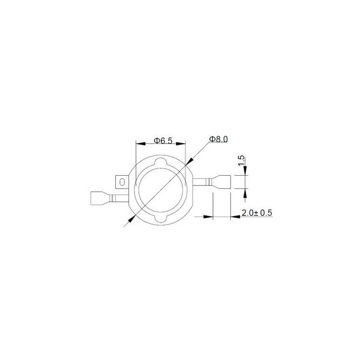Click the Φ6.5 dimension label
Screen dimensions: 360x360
point(163,140)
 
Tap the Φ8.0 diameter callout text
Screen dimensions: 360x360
point(218,139)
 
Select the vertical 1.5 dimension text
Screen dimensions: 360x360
point(242,160)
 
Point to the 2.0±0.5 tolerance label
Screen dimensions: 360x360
point(257,213)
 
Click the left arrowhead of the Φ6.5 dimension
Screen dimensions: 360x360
point(141,144)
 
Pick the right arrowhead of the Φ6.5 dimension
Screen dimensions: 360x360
point(181,144)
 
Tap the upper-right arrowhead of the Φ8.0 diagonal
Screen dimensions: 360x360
point(189,161)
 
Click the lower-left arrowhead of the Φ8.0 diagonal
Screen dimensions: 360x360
point(131,218)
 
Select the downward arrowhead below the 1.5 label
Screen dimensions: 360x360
point(245,170)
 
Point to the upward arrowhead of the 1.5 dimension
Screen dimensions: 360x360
point(245,194)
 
